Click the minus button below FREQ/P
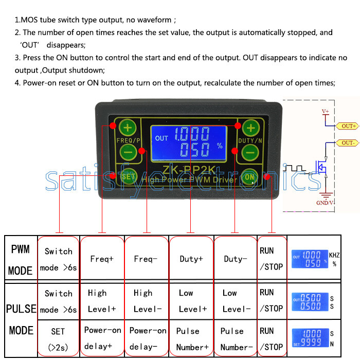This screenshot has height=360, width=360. pyautogui.click(x=128, y=152)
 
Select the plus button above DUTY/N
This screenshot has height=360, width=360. pyautogui.click(x=250, y=127)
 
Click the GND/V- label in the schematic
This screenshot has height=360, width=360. pyautogui.click(x=326, y=203)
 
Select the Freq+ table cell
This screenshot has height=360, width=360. pyautogui.click(x=102, y=259)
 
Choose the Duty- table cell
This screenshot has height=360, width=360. pyautogui.click(x=235, y=259)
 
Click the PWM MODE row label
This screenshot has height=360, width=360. pyautogui.click(x=21, y=259)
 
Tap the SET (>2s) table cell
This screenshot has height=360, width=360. pyautogui.click(x=58, y=338)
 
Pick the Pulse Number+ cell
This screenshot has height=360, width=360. pyautogui.click(x=191, y=338)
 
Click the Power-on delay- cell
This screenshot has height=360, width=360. pyautogui.click(x=147, y=338)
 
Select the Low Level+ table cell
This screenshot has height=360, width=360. pyautogui.click(x=191, y=301)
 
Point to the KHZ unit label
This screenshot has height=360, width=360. pyautogui.click(x=334, y=255)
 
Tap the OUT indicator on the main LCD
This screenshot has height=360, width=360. pyautogui.click(x=161, y=138)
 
